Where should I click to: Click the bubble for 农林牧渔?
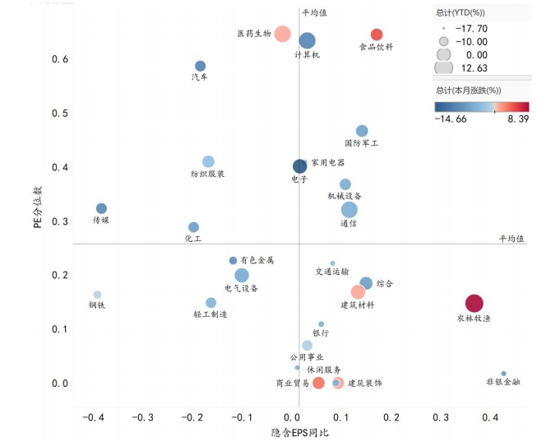[474, 303]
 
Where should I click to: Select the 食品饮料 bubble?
[377, 35]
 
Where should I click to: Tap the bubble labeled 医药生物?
[282, 34]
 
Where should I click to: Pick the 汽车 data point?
[200, 66]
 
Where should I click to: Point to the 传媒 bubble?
[101, 208]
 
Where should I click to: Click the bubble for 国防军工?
[362, 131]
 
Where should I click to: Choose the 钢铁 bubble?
[97, 295]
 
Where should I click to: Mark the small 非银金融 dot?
[503, 374]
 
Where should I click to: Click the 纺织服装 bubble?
[208, 161]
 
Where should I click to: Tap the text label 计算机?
[307, 55]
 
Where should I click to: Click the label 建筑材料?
[358, 305]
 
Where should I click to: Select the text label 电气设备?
[241, 289]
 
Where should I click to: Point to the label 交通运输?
[332, 272]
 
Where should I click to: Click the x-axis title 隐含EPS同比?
[299, 432]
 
